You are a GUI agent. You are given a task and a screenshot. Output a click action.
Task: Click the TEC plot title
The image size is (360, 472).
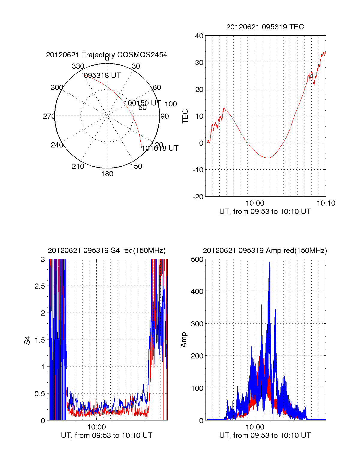(x=265, y=27)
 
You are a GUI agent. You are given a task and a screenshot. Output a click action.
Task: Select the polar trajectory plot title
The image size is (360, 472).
(x=106, y=55)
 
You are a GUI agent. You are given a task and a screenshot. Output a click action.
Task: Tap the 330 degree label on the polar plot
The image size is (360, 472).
(x=78, y=66)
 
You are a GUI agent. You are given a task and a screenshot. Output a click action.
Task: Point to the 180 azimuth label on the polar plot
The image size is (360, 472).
(x=107, y=174)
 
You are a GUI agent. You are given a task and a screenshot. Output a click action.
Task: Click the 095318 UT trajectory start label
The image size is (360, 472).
(x=102, y=76)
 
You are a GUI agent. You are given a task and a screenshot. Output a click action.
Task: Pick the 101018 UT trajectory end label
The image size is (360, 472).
(x=160, y=148)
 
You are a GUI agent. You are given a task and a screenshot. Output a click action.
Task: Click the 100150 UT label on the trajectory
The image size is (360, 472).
(x=142, y=103)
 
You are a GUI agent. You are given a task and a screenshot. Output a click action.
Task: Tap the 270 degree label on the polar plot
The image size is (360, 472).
(x=49, y=116)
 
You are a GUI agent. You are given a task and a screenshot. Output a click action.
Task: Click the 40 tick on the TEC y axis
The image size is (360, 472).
(x=199, y=36)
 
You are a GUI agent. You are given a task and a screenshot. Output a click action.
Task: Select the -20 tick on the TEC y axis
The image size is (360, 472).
(x=198, y=197)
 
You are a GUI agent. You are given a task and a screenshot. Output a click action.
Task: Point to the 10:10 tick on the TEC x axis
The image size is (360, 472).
(x=326, y=203)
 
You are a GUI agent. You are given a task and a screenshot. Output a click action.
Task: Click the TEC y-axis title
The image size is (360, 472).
(x=185, y=116)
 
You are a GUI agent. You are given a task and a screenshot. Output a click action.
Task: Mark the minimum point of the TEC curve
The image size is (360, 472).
(x=268, y=158)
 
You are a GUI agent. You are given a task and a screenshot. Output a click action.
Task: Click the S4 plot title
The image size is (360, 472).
(x=106, y=251)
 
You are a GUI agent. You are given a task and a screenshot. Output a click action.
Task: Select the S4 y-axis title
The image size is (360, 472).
(x=27, y=340)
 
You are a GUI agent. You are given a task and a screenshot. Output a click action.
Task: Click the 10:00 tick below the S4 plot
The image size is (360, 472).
(x=96, y=427)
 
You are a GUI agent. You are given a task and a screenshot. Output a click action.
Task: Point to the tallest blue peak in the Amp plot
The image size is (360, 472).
(x=269, y=262)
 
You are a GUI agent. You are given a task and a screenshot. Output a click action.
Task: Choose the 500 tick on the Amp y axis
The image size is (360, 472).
(x=197, y=260)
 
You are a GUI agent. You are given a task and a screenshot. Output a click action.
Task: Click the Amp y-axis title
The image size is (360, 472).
(x=184, y=340)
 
